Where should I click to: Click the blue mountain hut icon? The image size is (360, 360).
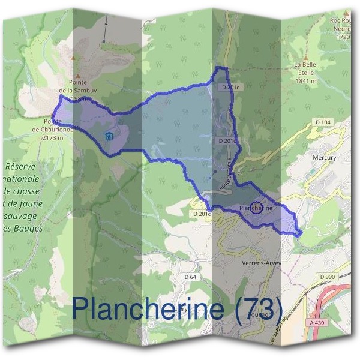pyautogui.click(x=108, y=136)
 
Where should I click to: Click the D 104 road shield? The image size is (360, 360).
pyautogui.click(x=323, y=122)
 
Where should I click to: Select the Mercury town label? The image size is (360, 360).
pyautogui.click(x=324, y=158)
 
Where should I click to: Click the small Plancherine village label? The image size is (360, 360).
pyautogui.click(x=256, y=208)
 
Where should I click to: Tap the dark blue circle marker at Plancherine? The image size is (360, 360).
pyautogui.click(x=256, y=207)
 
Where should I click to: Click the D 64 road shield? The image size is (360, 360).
pyautogui.click(x=190, y=277)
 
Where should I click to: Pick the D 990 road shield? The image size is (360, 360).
pyautogui.click(x=328, y=276)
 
